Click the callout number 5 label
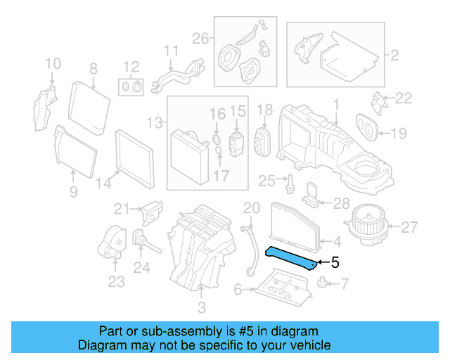point(335,263)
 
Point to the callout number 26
point(201,39)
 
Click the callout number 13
point(153,122)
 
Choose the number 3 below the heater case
point(202,307)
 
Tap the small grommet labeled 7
point(323,284)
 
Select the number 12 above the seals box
point(131,67)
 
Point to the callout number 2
point(394,53)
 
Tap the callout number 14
point(103,184)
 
